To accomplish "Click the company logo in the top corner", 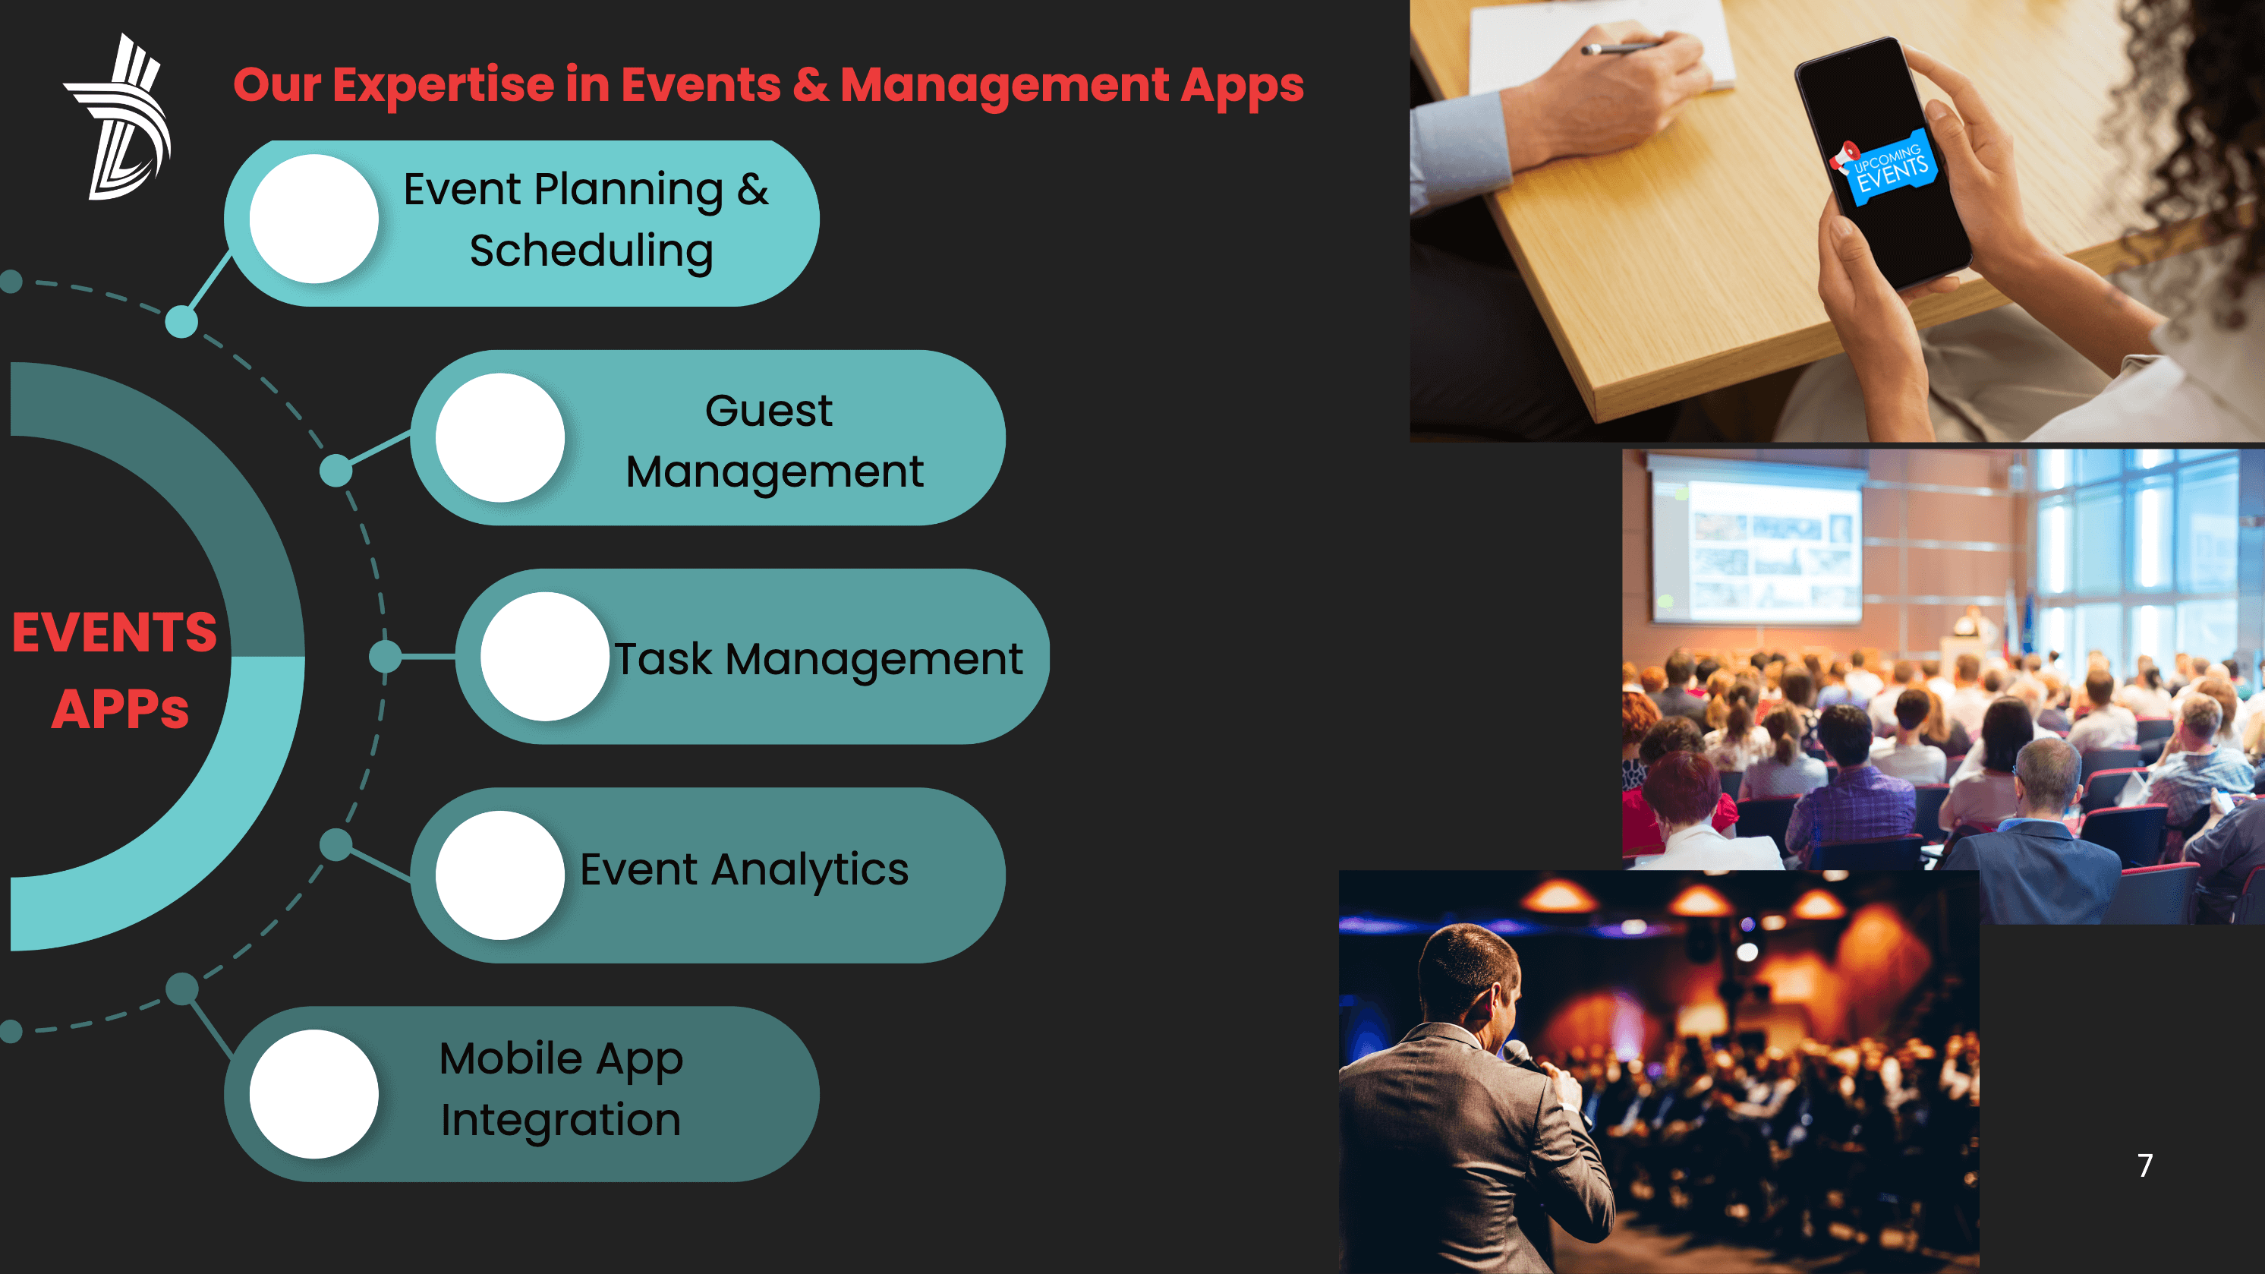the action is [x=118, y=117].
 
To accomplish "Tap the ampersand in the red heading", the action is [x=810, y=85].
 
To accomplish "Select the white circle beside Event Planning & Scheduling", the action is [x=314, y=219].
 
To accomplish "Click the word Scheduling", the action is [x=591, y=251].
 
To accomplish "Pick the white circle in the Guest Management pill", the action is [x=500, y=438].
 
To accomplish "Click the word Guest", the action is [x=768, y=411].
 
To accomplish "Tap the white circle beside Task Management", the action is [x=545, y=657].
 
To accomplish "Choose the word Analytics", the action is [x=810, y=870].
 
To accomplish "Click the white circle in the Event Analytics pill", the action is [x=500, y=875].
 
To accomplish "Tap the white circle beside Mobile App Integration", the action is [x=314, y=1095].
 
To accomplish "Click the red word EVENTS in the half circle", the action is [x=115, y=632].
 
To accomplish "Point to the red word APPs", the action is [x=121, y=708].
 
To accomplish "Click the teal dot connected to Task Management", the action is [x=385, y=657].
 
